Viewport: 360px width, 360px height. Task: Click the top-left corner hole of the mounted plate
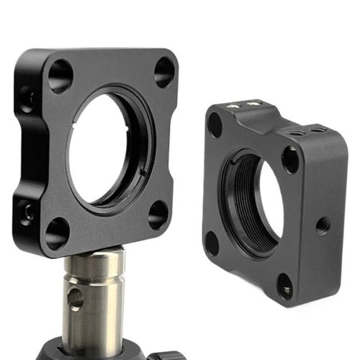pyautogui.click(x=60, y=76)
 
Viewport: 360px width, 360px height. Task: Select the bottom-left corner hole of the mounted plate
pyautogui.click(x=57, y=233)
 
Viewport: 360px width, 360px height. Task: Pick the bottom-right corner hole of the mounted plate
pyautogui.click(x=158, y=215)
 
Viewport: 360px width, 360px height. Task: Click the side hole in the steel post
pyautogui.click(x=75, y=299)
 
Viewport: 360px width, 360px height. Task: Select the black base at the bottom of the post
pyautogui.click(x=108, y=351)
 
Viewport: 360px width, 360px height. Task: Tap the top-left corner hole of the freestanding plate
pyautogui.click(x=215, y=125)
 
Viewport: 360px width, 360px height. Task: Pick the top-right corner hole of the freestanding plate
pyautogui.click(x=290, y=159)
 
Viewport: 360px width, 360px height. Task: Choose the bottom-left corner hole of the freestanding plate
pyautogui.click(x=212, y=243)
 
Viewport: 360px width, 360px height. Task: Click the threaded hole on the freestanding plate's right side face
pyautogui.click(x=323, y=225)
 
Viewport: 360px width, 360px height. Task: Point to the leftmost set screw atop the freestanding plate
pyautogui.click(x=235, y=105)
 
